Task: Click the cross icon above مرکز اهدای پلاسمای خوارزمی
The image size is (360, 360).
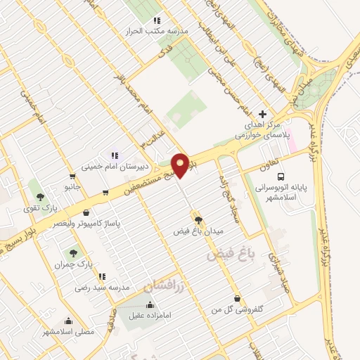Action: coord(263,114)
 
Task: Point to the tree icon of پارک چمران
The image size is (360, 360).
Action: coord(72,252)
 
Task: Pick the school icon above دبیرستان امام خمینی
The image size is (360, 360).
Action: coord(113,155)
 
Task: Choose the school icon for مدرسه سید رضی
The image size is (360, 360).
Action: coord(102,276)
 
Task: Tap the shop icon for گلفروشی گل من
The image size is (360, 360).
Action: coord(236,298)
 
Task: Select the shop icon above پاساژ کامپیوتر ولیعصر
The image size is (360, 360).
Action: coord(85,211)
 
